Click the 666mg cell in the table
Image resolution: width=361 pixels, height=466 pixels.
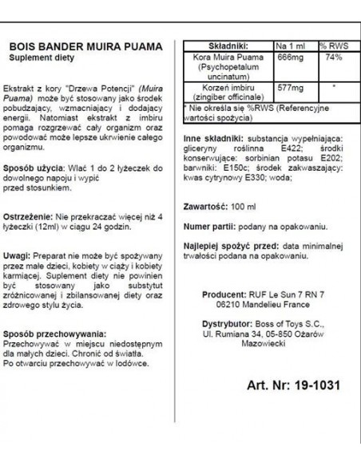coord(289,58)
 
